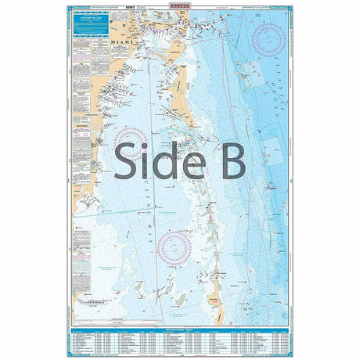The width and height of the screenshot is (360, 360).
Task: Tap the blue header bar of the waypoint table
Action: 180,333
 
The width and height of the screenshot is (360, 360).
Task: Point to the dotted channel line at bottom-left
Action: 98,301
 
